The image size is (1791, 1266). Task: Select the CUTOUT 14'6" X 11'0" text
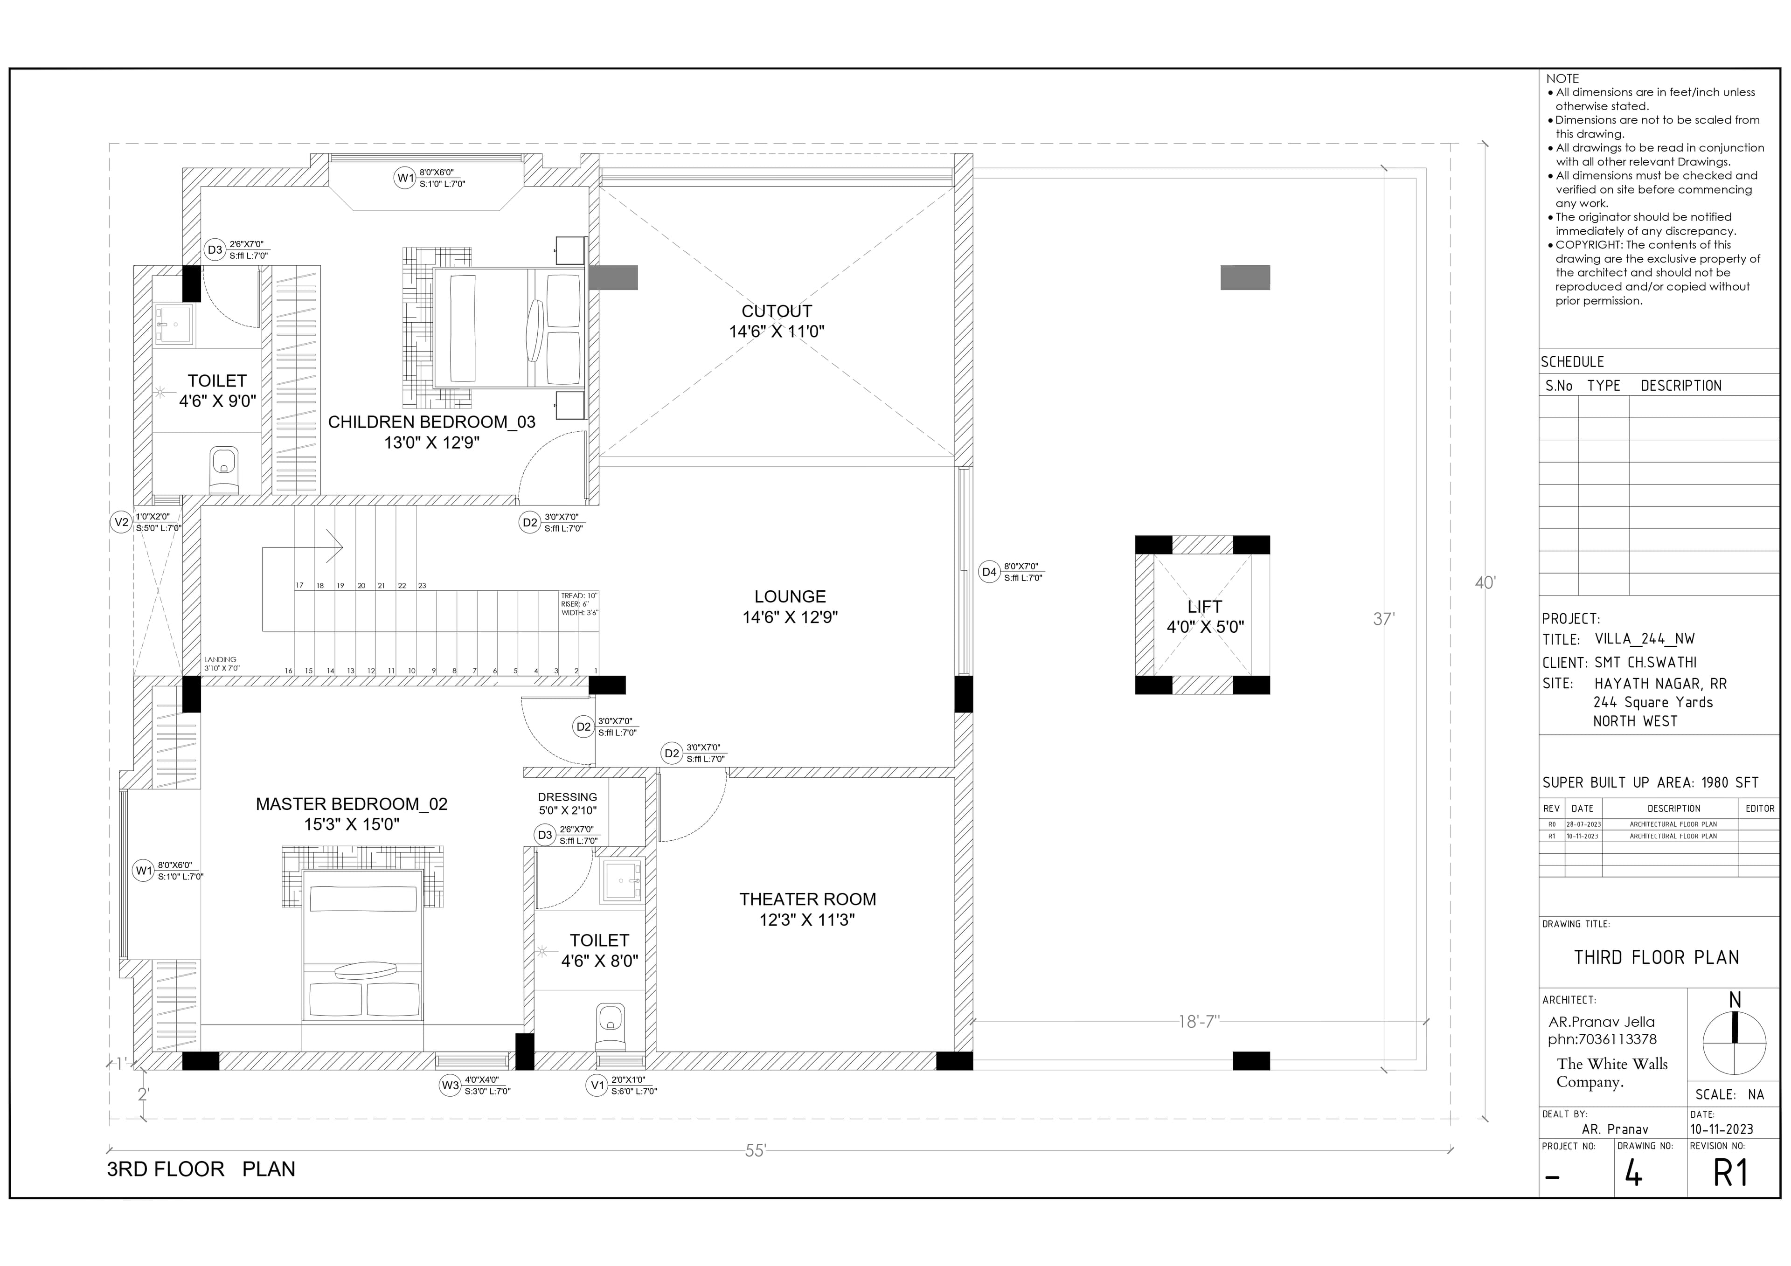click(x=776, y=321)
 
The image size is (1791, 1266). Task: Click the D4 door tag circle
click(x=989, y=572)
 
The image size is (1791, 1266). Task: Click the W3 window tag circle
click(x=450, y=1085)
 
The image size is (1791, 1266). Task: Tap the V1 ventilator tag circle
click(x=597, y=1085)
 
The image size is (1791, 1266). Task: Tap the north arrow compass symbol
click(x=1734, y=1042)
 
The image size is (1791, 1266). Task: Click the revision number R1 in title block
click(x=1730, y=1173)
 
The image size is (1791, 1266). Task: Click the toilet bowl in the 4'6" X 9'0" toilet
click(x=224, y=469)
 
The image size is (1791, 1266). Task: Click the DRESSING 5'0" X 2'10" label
click(x=567, y=803)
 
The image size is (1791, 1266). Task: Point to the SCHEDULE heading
click(x=1572, y=362)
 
